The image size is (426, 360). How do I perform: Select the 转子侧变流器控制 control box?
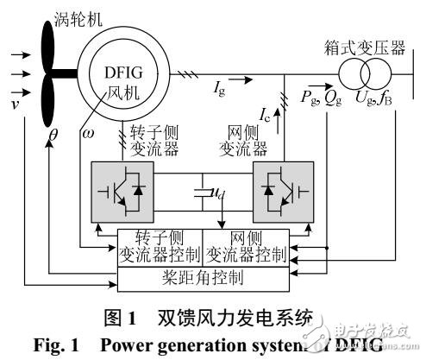coord(160,248)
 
